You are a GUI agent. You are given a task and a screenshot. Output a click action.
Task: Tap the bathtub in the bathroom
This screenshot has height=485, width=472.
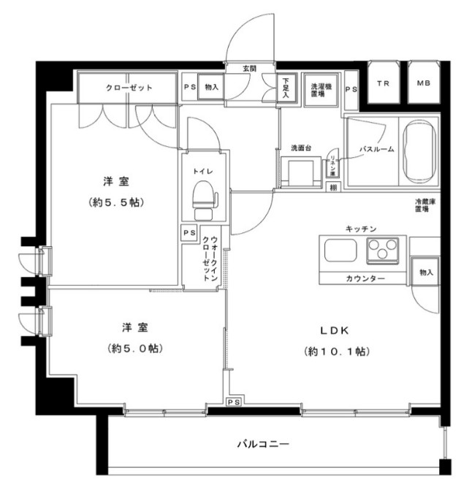coord(419,150)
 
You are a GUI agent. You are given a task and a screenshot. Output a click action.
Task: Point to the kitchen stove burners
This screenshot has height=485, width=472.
coord(382,252)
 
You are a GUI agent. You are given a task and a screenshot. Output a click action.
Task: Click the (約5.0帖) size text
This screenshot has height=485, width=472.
coord(132,348)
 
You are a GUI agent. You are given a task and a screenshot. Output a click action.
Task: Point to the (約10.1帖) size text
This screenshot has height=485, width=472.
coord(337,351)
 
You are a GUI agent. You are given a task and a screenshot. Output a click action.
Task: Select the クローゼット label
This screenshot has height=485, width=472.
coord(129,88)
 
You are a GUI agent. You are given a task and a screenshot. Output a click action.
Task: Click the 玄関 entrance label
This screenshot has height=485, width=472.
coord(250,69)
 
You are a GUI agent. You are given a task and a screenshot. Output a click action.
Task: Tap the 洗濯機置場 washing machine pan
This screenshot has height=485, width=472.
coord(318,88)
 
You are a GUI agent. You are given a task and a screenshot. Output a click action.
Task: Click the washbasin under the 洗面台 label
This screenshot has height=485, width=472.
coord(300,172)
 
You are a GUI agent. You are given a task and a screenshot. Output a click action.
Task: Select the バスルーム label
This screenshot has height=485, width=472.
coord(376,149)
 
